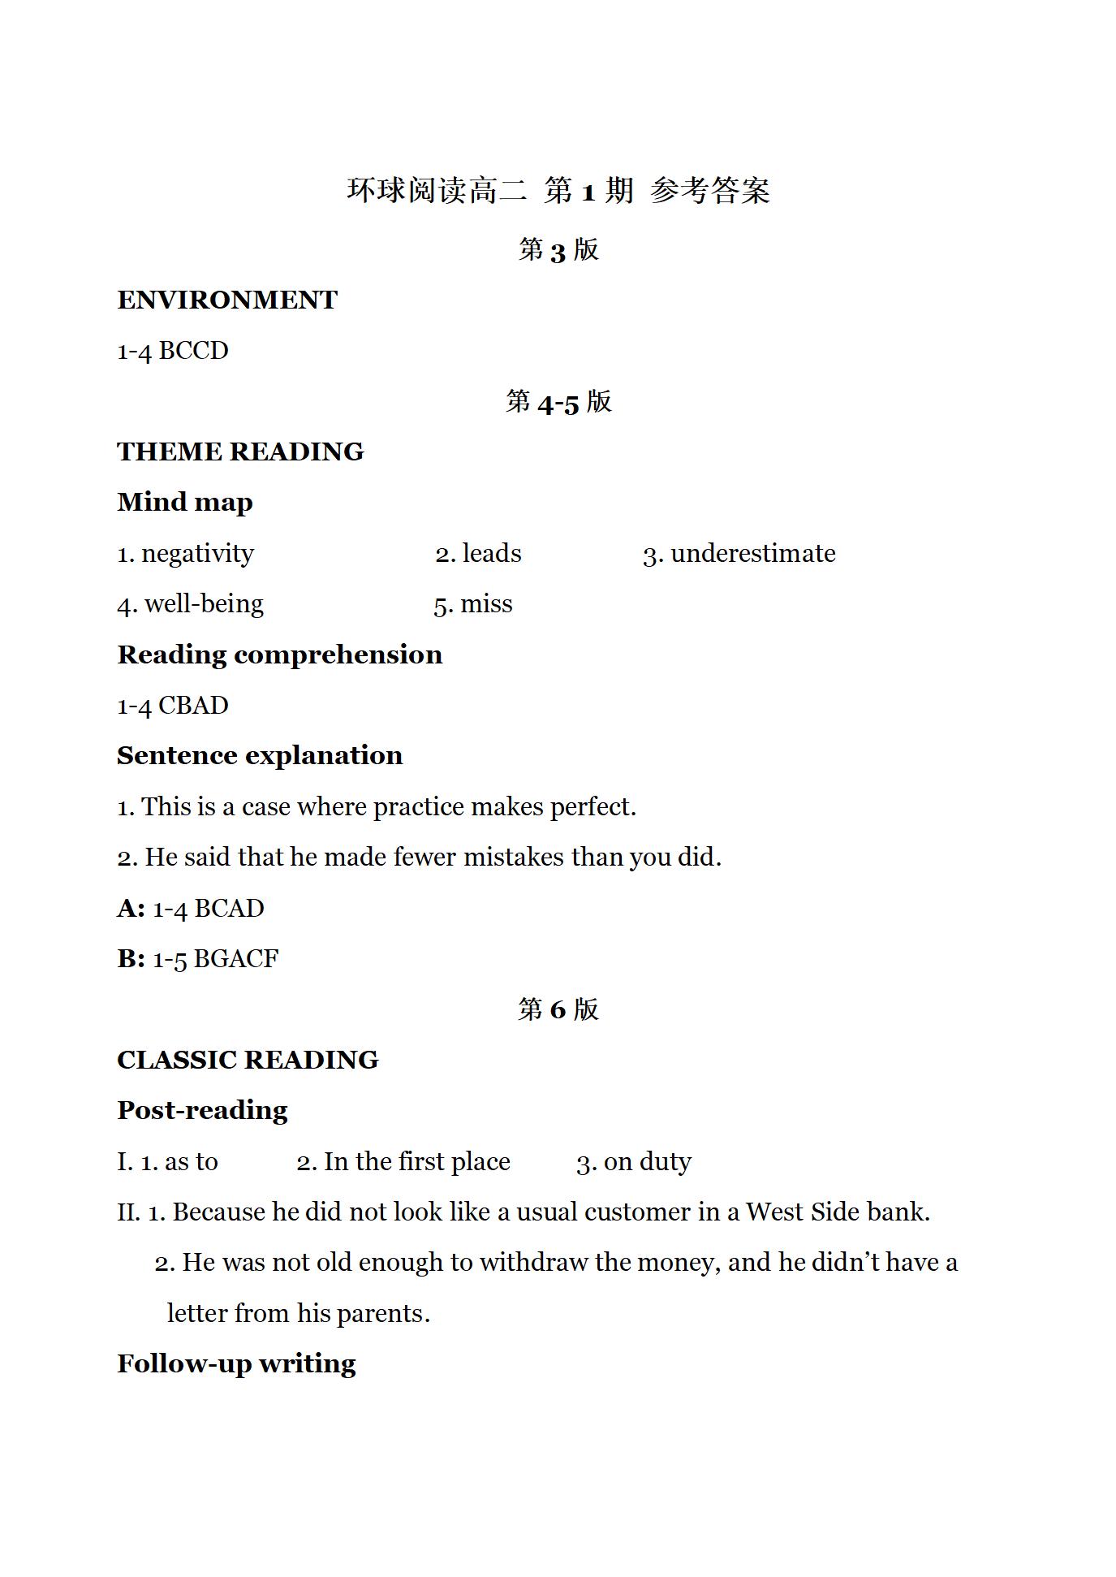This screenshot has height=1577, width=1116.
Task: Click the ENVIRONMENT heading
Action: (227, 300)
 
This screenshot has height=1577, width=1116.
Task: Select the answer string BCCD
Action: (193, 351)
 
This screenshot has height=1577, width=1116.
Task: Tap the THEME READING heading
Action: (240, 451)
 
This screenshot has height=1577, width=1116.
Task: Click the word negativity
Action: (197, 554)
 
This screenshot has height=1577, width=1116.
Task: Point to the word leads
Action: (492, 554)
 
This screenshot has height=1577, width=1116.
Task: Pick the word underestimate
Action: (752, 554)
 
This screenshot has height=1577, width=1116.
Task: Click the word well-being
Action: (204, 605)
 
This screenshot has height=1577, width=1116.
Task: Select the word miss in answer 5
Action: (486, 605)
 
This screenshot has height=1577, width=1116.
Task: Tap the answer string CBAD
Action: (193, 706)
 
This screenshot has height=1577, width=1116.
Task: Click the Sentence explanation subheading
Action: (260, 756)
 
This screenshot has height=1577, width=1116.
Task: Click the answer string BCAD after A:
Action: (230, 909)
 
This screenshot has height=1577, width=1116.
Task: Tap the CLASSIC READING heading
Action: (248, 1061)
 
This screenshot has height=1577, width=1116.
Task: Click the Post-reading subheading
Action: (202, 1111)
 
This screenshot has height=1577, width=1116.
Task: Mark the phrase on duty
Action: (647, 1162)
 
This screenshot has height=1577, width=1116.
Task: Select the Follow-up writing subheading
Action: (236, 1364)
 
